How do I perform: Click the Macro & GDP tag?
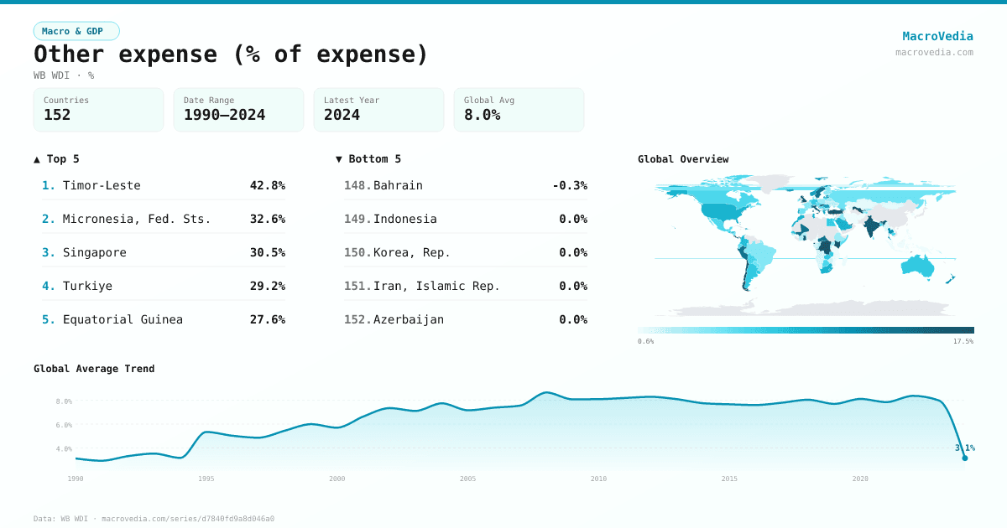(76, 31)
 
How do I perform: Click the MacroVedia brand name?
(937, 36)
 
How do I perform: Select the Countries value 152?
(57, 115)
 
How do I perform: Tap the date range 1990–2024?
(224, 115)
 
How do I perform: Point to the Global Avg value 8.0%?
(482, 115)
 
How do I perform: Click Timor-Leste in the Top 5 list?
(102, 185)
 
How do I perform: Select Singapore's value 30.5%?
(267, 252)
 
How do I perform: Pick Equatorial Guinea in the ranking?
(123, 319)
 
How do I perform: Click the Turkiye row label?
(87, 286)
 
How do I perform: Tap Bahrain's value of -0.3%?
(569, 185)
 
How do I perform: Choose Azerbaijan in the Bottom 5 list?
(409, 319)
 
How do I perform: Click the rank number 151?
(357, 286)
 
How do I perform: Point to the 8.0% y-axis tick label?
(64, 401)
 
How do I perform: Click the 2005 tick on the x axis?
(467, 479)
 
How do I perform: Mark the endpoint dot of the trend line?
(964, 458)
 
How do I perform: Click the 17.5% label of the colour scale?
(963, 341)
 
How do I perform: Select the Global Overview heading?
(682, 159)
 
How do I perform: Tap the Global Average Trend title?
(94, 369)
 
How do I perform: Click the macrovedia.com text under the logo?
(934, 52)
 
